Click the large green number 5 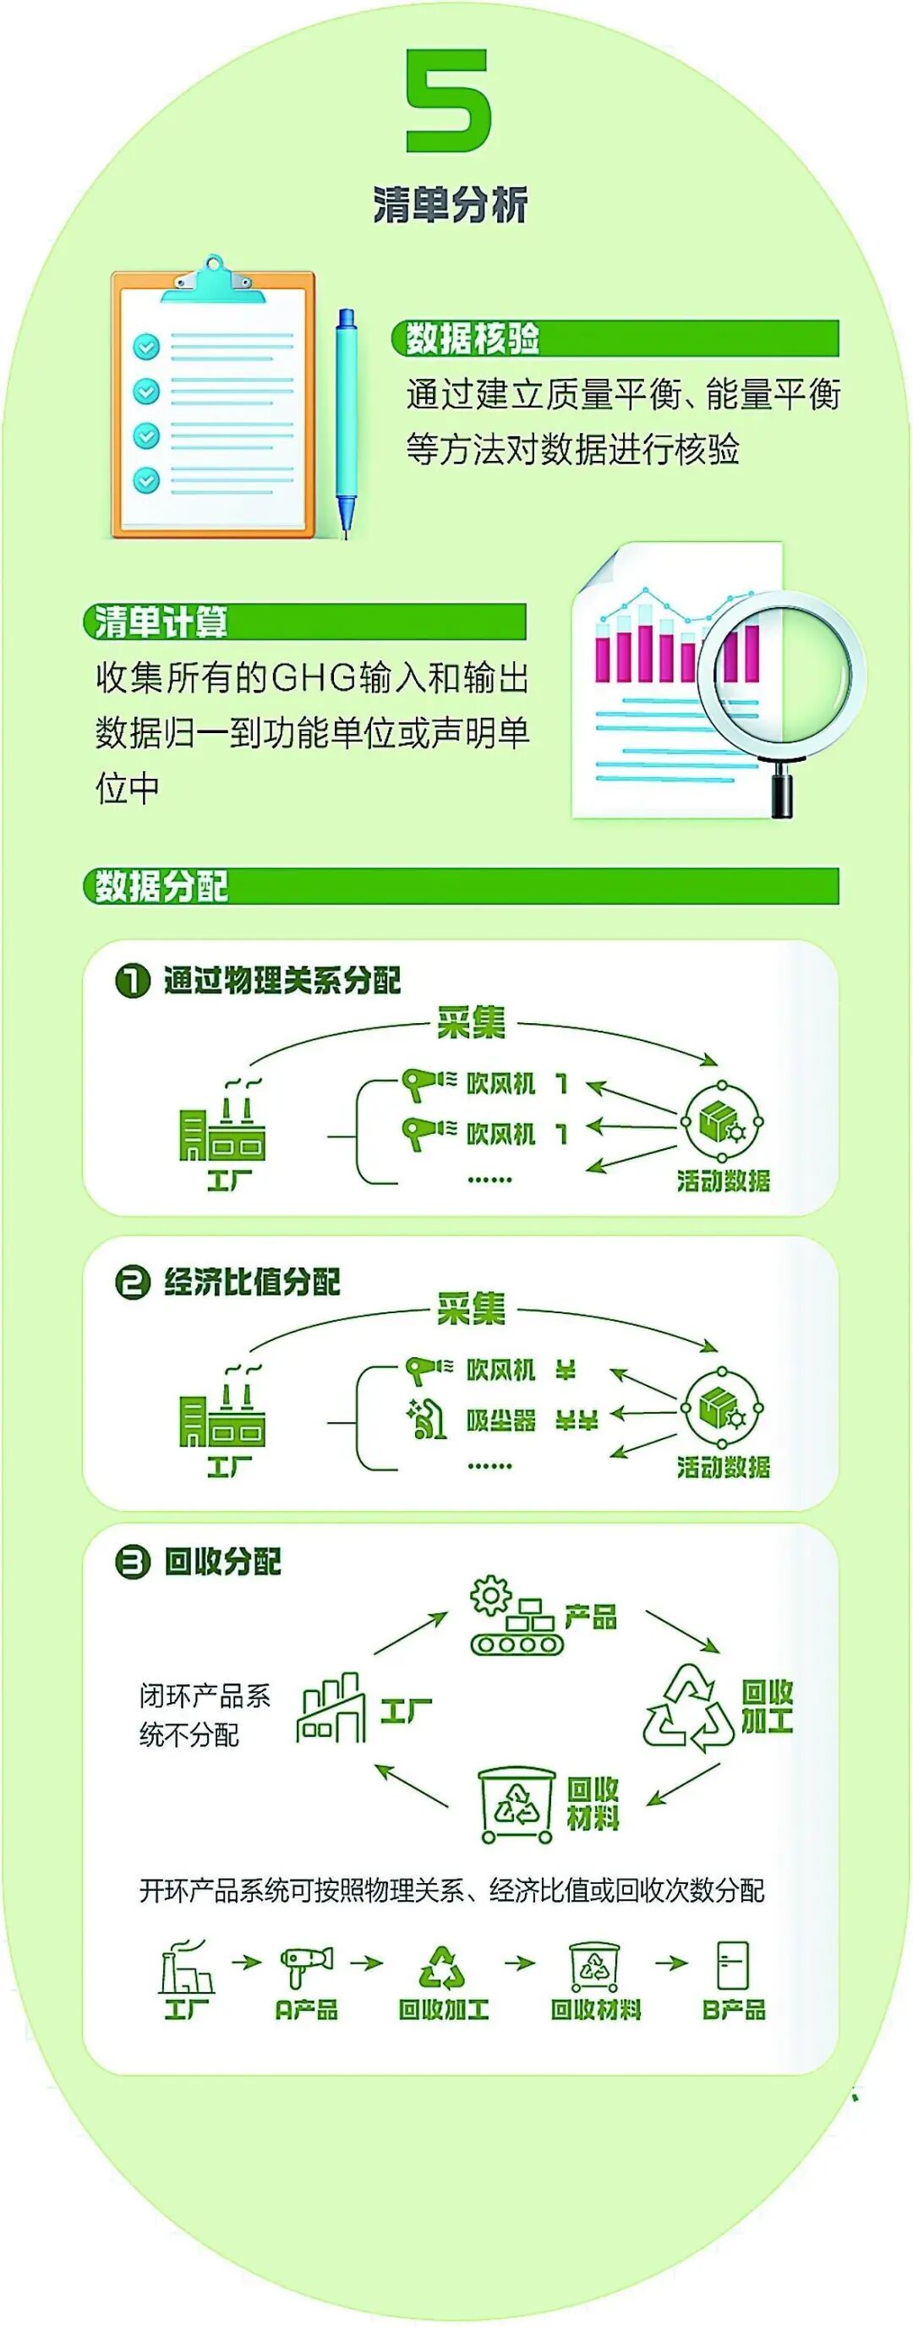point(448,101)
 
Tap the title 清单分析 point(450,206)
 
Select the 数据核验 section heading point(472,338)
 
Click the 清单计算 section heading point(161,621)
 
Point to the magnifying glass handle point(781,788)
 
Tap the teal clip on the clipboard point(213,281)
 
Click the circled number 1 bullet point(132,980)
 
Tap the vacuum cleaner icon point(425,1420)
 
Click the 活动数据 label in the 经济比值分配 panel point(724,1467)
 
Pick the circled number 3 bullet point(132,1561)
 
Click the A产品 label point(306,2010)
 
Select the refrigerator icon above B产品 point(732,1966)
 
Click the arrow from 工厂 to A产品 point(247,1961)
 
